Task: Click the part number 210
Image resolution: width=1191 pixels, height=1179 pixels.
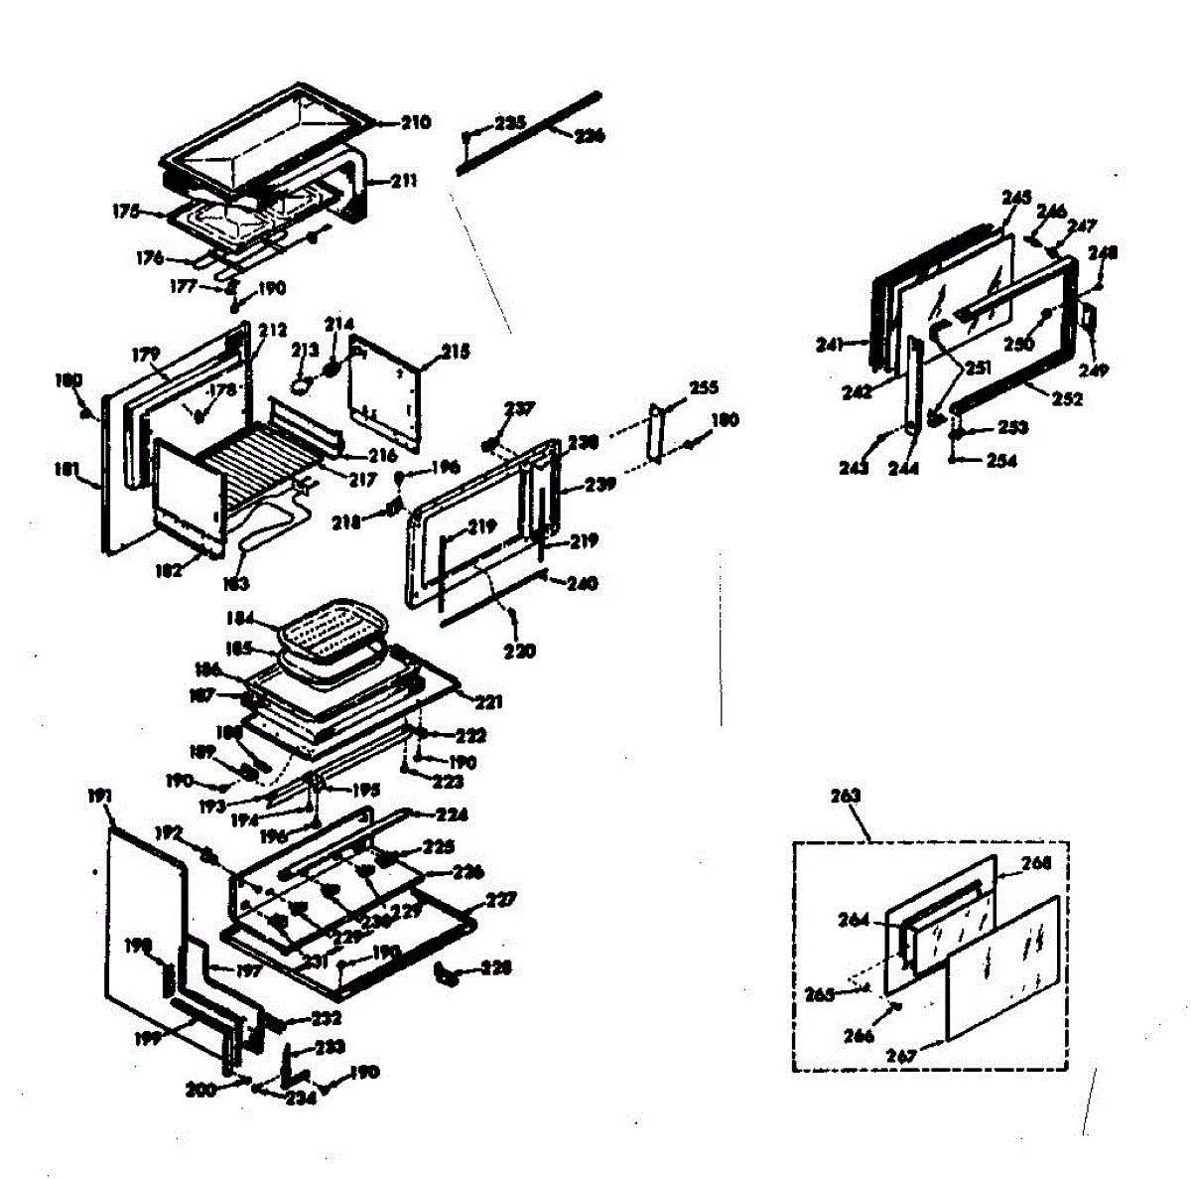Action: click(416, 123)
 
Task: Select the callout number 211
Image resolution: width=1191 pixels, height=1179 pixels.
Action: click(403, 181)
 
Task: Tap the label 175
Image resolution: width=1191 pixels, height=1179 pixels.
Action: click(126, 211)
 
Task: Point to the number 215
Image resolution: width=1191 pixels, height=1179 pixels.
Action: click(456, 352)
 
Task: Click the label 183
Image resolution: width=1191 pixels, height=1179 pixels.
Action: click(235, 584)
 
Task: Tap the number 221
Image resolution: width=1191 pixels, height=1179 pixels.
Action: click(488, 702)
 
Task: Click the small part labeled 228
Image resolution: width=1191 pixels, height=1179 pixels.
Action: click(448, 973)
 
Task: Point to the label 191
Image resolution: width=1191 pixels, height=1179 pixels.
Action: click(101, 796)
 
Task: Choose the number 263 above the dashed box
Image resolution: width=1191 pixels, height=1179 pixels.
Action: click(845, 796)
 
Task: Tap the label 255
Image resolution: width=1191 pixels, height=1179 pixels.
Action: click(703, 387)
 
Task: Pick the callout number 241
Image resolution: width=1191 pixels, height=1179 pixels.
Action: click(830, 345)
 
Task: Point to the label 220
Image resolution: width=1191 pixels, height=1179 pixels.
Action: click(519, 652)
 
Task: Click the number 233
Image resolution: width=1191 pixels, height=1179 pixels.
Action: click(331, 1047)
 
